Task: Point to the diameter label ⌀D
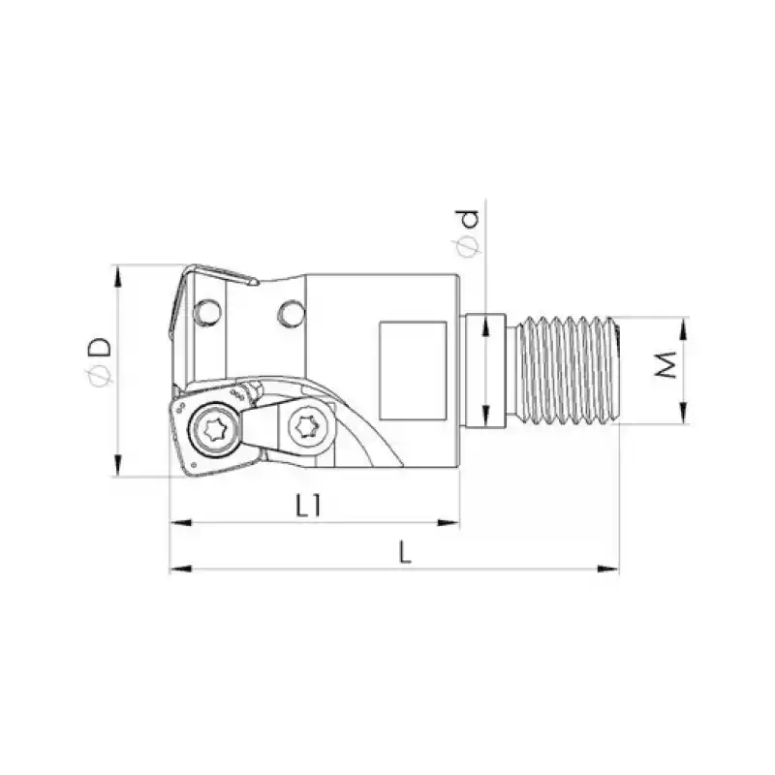pos(98,358)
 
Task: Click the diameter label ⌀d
pos(469,233)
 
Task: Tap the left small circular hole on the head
pos(206,312)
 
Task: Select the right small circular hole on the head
pos(289,312)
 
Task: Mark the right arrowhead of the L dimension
pos(611,571)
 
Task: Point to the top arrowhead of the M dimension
pos(685,325)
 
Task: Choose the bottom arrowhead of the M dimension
pos(685,416)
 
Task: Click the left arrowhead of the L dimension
pos(177,571)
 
